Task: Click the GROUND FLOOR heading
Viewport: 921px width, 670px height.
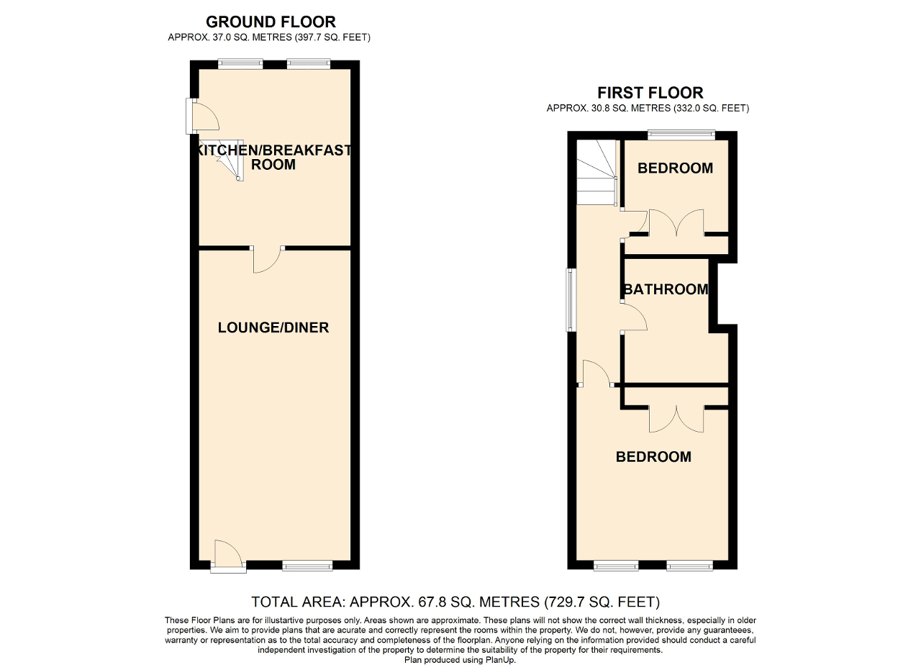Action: (x=271, y=22)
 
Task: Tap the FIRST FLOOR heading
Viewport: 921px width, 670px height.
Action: (x=650, y=93)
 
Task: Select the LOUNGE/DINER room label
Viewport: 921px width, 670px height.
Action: (x=273, y=328)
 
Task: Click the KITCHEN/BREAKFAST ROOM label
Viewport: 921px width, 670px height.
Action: (x=273, y=157)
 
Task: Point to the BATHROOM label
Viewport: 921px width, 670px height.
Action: (x=666, y=289)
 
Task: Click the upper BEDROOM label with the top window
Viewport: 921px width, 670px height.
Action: (x=675, y=168)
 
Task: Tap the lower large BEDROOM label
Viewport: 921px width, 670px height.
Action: (x=653, y=457)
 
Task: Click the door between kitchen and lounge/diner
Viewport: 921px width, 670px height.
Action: (x=268, y=259)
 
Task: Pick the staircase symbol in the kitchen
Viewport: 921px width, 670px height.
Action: (x=223, y=158)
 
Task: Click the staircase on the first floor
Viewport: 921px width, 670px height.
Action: (x=596, y=173)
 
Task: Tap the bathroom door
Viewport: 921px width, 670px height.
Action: (x=634, y=317)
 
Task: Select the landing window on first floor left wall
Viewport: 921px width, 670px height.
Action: (x=571, y=300)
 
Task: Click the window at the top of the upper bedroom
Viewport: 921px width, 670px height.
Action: (x=681, y=134)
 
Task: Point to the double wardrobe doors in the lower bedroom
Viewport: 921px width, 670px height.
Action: (x=676, y=419)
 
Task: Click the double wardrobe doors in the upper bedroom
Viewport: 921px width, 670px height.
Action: (x=676, y=222)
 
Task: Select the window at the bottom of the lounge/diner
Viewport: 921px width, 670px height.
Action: (x=307, y=566)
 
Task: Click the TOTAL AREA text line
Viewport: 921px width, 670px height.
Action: (x=455, y=602)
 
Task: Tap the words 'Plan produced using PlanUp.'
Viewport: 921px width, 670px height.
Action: (x=460, y=660)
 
